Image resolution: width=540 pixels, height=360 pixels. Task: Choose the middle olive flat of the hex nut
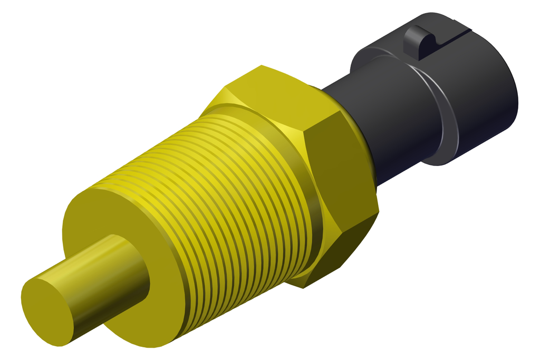tap(337, 174)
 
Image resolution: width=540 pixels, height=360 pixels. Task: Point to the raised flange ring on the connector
tap(443, 116)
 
